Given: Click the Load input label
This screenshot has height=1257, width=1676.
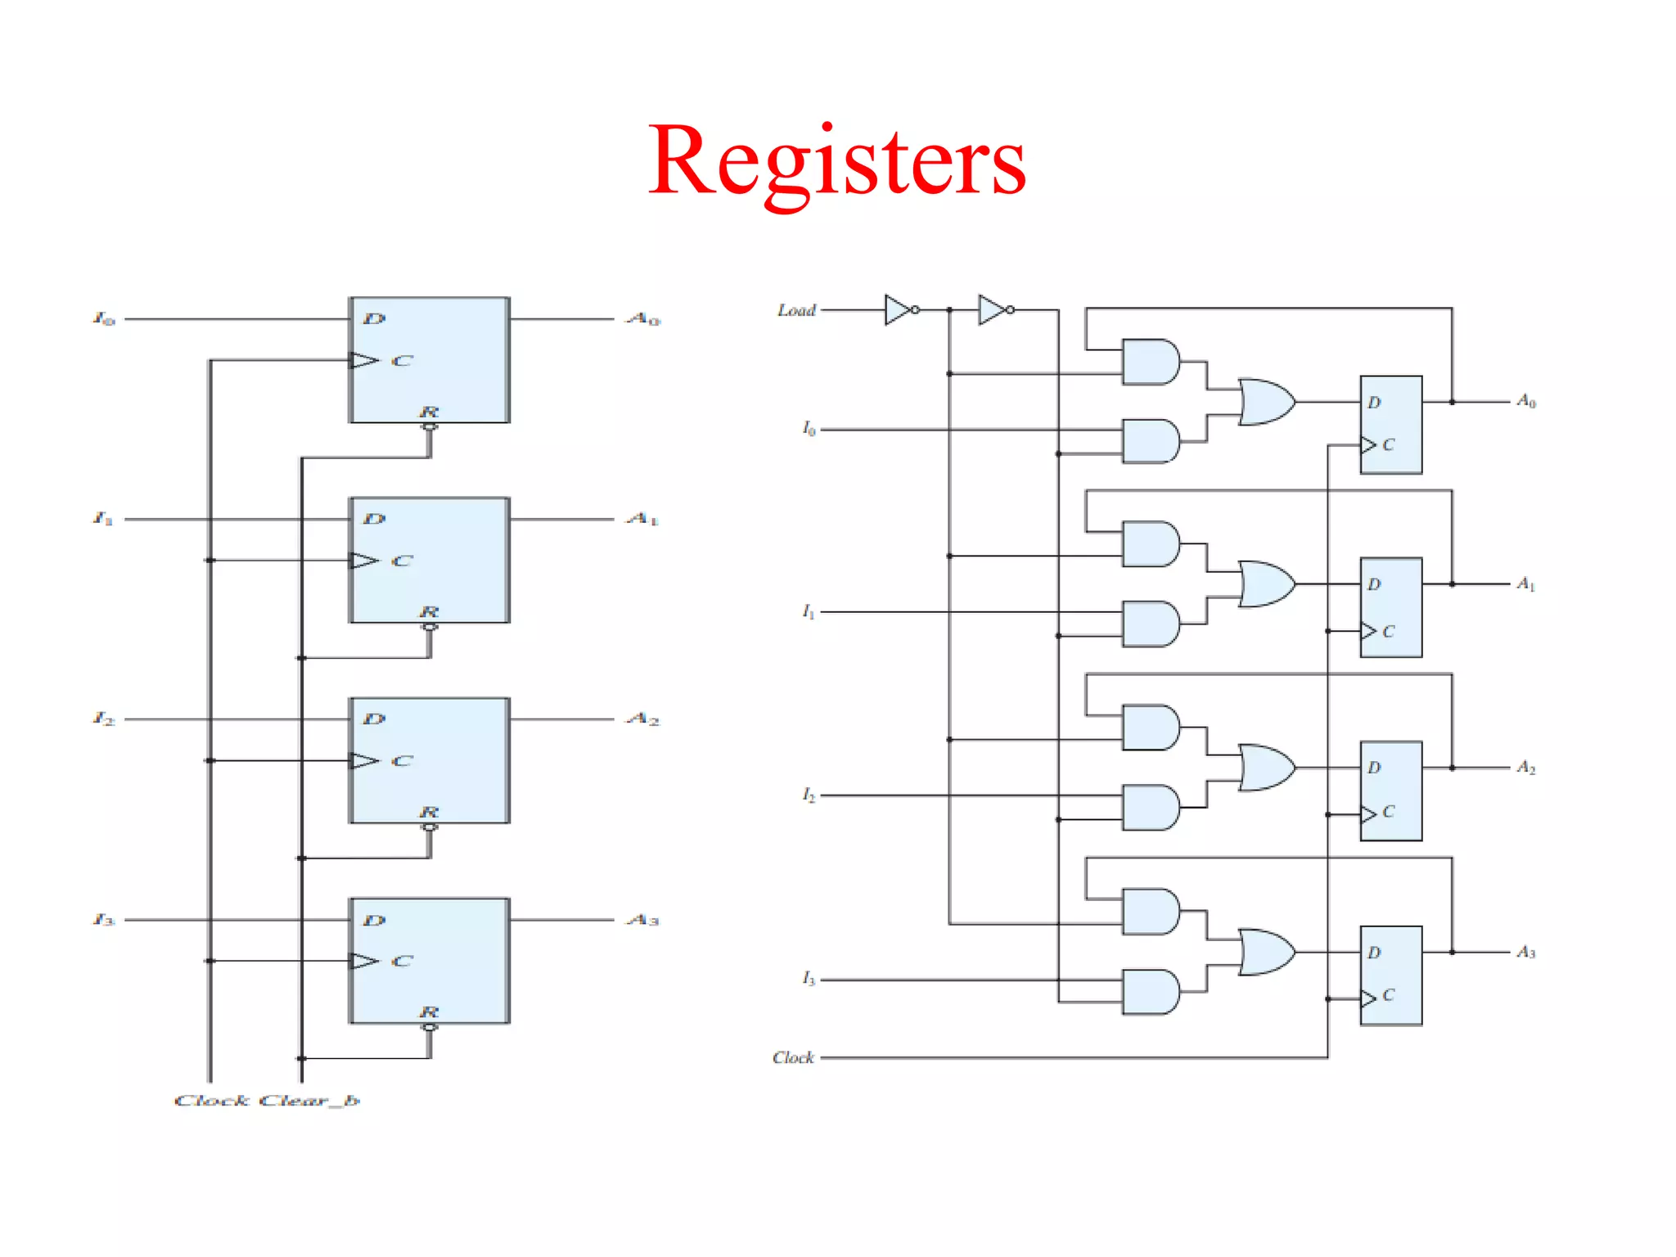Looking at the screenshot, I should (796, 310).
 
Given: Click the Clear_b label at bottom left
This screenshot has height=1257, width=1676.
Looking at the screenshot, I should (309, 1101).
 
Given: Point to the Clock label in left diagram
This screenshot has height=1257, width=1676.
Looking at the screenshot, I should (211, 1101).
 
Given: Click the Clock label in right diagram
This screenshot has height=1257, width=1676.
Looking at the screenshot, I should (793, 1057).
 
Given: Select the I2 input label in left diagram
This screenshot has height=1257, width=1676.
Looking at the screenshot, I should (104, 719).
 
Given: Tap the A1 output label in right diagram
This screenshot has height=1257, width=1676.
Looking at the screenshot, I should (1526, 583).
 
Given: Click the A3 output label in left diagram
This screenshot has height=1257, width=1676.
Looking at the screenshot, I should (643, 920).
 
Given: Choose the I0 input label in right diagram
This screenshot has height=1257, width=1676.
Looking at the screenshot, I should (809, 428).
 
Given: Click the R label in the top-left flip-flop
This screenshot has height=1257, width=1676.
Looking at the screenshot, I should (429, 411).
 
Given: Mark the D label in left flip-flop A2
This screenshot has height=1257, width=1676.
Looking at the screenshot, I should (374, 719).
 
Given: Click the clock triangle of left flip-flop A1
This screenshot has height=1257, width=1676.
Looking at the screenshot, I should (363, 561).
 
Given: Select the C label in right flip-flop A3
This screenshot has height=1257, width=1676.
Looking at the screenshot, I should (1388, 995).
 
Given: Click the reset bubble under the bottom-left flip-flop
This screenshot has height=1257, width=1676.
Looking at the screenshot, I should (429, 1027).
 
